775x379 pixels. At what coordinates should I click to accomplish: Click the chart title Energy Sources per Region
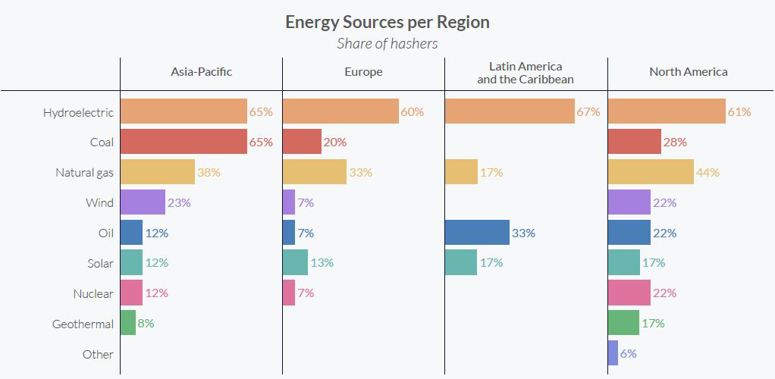387,22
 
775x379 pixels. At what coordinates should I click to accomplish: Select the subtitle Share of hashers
387,43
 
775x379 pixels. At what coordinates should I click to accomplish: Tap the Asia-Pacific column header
201,72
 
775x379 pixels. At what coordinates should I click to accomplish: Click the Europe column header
363,72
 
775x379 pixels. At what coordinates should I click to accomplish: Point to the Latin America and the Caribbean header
525,73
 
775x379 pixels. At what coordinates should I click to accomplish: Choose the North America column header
688,72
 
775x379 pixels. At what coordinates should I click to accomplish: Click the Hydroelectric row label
78,112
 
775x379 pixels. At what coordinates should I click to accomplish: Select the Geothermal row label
83,324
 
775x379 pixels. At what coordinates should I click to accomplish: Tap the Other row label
98,354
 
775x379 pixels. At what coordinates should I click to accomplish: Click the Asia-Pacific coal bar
184,142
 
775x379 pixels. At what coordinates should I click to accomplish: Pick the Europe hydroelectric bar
340,111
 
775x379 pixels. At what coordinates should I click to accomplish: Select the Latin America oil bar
477,233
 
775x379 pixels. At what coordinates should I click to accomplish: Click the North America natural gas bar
651,172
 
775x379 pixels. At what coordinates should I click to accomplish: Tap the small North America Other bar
613,353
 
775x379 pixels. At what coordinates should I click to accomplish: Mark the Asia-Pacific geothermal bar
127,323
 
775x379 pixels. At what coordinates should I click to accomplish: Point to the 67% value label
588,112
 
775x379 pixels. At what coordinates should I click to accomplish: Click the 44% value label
708,173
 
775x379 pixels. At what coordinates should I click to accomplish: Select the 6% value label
628,354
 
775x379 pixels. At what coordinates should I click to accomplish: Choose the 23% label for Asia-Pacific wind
179,203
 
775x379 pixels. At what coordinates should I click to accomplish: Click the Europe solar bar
295,263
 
